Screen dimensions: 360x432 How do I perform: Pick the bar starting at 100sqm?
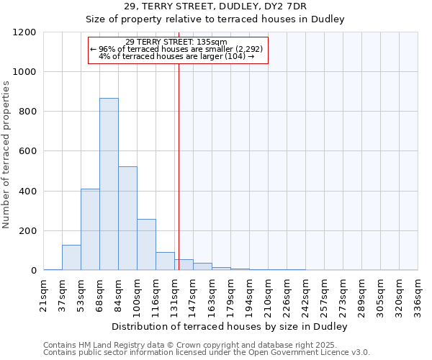coord(146,245)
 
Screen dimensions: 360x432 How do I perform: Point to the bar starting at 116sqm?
coord(165,261)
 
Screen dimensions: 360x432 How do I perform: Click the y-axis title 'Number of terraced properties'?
coord(7,155)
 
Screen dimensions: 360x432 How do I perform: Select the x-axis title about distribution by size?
coord(230,326)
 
